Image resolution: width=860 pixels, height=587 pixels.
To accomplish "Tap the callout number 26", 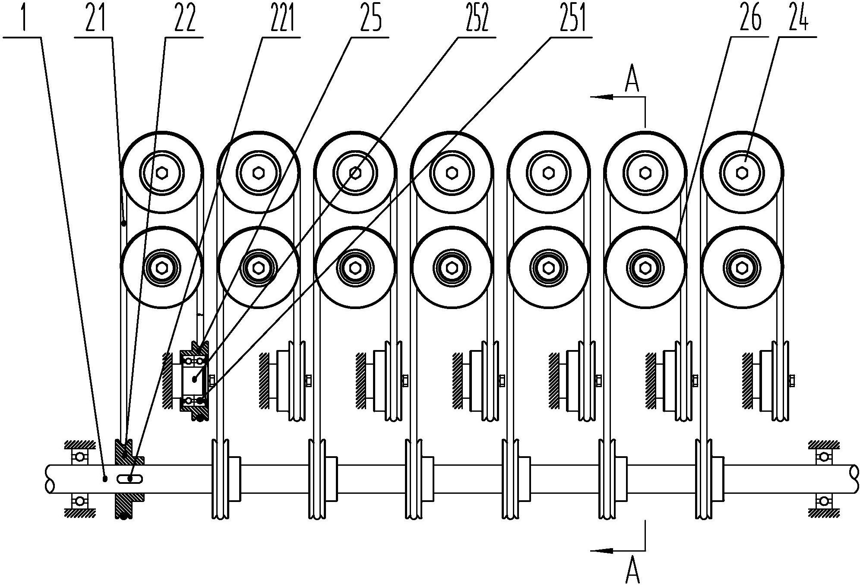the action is (750, 17).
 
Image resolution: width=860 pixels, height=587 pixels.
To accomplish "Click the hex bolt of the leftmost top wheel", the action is (162, 173).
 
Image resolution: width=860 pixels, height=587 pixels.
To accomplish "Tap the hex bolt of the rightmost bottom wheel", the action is (742, 268).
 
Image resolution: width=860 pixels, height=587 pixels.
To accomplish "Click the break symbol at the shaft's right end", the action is (854, 479).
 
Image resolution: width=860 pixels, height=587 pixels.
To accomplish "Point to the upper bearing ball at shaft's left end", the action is (79, 457).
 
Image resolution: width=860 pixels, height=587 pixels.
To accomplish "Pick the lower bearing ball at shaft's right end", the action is (824, 501).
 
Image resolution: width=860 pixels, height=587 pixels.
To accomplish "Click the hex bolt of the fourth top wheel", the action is (452, 173).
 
